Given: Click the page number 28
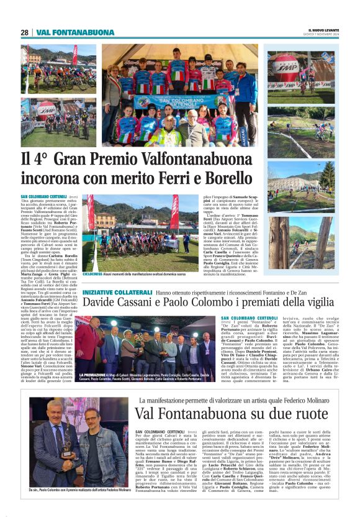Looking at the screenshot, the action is (24, 32).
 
